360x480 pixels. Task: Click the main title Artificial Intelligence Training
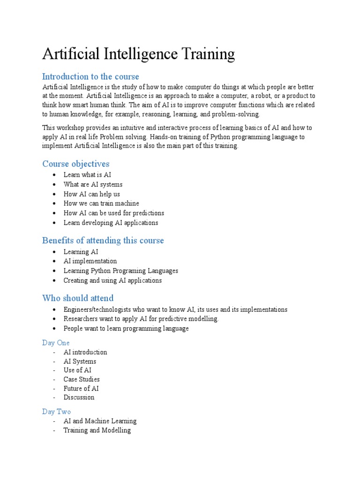138,54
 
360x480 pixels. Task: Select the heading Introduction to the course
90,76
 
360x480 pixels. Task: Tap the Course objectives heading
75,164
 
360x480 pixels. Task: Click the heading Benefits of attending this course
103,240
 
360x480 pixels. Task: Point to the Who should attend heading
78,298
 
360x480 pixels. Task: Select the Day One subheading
56,343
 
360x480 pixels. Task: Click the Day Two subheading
56,412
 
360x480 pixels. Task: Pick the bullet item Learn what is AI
87,175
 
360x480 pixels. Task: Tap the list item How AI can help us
92,194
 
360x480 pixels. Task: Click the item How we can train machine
101,203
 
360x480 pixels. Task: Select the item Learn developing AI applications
111,223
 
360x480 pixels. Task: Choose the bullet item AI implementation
90,261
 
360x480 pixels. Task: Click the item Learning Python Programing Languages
121,271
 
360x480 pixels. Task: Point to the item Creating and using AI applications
112,280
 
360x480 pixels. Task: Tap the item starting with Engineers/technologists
175,309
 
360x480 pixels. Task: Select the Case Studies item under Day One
82,379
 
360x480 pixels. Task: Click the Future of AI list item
81,388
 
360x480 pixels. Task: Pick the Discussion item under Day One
79,397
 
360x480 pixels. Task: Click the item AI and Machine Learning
100,421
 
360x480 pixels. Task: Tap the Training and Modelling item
97,430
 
